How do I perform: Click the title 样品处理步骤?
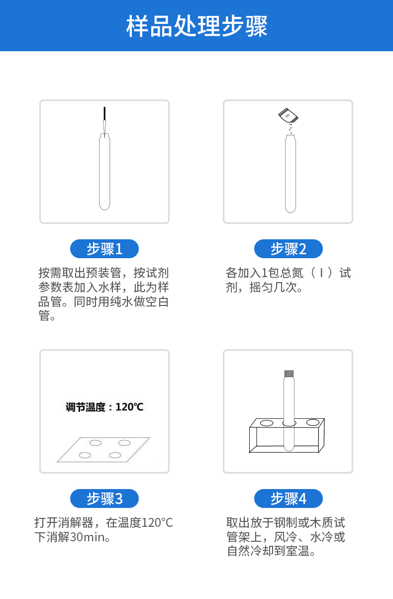[x=196, y=26]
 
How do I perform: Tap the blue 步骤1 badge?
[x=104, y=249]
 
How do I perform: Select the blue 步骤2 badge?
[x=289, y=249]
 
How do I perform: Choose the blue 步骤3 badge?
[x=104, y=499]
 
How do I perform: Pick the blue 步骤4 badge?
[x=289, y=499]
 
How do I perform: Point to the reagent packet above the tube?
[x=289, y=115]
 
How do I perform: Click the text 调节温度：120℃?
[x=104, y=407]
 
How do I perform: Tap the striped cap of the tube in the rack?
[x=289, y=374]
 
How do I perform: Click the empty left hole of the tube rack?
[x=267, y=423]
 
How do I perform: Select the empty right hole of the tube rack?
[x=312, y=422]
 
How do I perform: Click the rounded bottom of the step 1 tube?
[x=104, y=205]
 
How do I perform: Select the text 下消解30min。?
[x=73, y=537]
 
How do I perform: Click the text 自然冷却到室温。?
[x=272, y=551]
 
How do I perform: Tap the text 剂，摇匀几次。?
[x=264, y=288]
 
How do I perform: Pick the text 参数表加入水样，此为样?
[x=103, y=288]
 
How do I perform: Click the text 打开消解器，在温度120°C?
[x=103, y=523]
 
